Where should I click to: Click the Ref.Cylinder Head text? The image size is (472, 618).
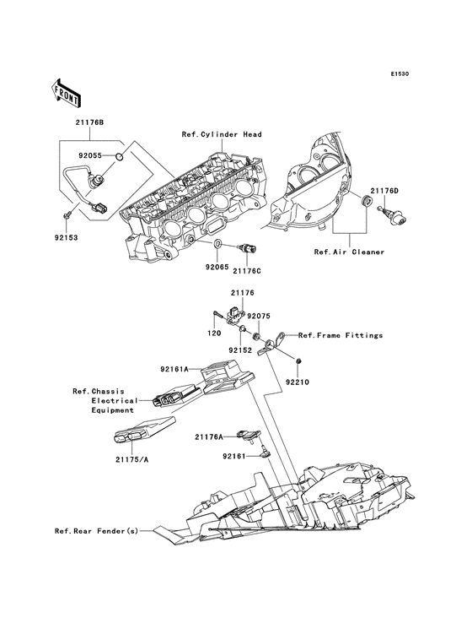pos(221,134)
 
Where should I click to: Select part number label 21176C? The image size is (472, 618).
pos(247,271)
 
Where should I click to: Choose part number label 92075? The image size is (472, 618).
pos(259,316)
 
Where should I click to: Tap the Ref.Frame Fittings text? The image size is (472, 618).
pos(341,335)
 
